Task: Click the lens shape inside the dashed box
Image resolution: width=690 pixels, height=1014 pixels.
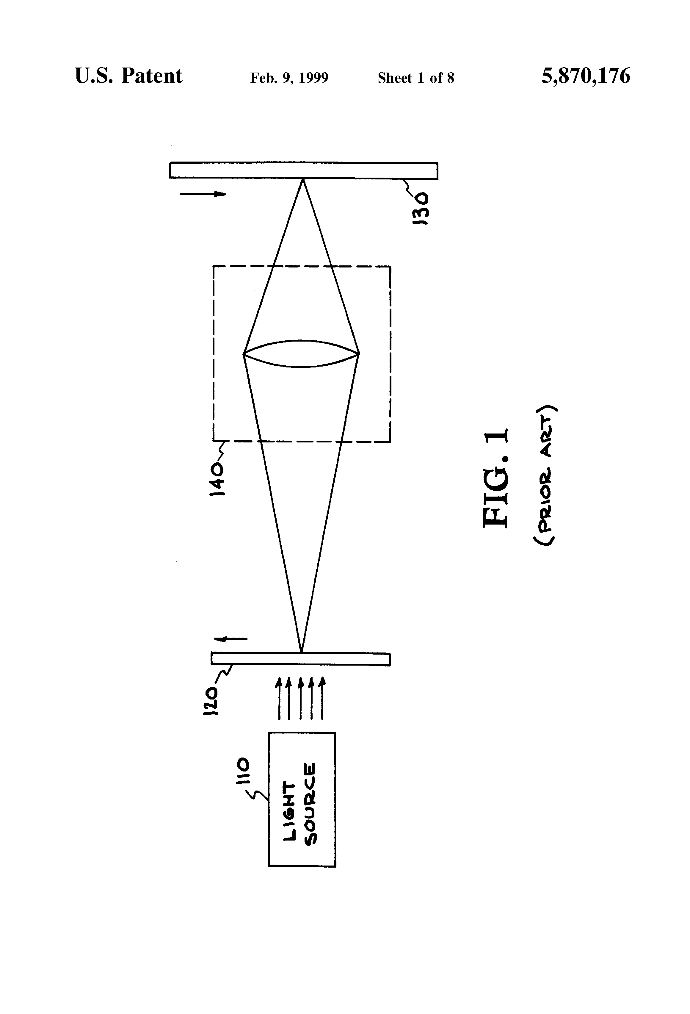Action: [x=301, y=353]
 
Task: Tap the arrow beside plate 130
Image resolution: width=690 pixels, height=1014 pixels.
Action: [x=203, y=194]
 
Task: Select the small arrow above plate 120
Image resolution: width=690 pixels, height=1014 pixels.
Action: [x=231, y=639]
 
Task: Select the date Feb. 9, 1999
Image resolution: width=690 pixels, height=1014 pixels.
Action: [x=289, y=78]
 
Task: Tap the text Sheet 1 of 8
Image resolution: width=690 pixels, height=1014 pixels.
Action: [x=416, y=78]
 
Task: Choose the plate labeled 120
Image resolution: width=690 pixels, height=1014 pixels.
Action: [x=300, y=658]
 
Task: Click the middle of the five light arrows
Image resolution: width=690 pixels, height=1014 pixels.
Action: [x=300, y=698]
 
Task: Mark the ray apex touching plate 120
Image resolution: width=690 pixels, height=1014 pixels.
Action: [x=301, y=652]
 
